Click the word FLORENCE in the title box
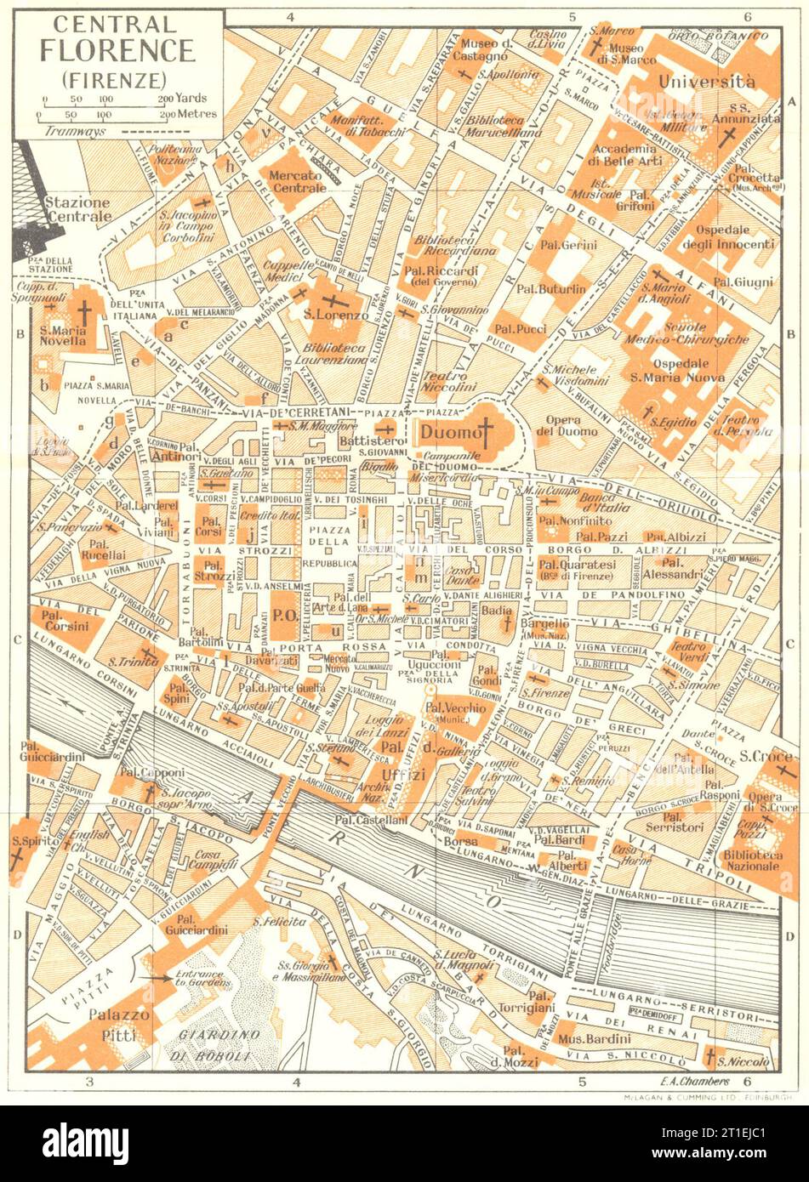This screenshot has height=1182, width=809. click(117, 50)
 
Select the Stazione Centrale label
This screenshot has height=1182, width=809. click(77, 210)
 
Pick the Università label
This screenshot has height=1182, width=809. click(707, 82)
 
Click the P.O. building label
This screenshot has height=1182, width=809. click(283, 608)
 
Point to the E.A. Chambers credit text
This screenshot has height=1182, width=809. click(694, 1082)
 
